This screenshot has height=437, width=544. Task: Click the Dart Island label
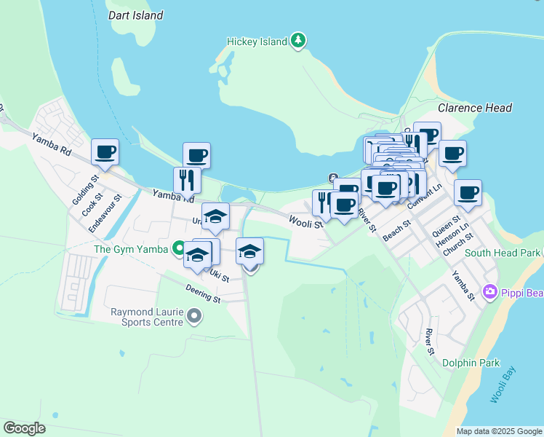pos(135,15)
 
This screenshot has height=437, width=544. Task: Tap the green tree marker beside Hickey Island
pos(297,41)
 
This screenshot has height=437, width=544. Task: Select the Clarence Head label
pos(475,108)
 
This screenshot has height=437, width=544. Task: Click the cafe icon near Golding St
pos(105,152)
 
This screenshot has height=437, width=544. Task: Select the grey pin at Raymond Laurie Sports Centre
pos(193,316)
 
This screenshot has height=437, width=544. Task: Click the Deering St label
pos(202,294)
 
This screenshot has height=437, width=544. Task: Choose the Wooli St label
pos(305,221)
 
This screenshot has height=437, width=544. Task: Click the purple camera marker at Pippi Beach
pos(489,292)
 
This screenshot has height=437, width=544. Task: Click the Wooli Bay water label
pos(503,385)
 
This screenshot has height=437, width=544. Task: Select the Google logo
pos(25,428)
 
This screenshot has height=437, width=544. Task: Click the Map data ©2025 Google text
pos(499,431)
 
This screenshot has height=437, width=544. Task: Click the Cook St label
pos(91,205)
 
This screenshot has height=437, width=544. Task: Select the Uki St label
pos(219,276)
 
